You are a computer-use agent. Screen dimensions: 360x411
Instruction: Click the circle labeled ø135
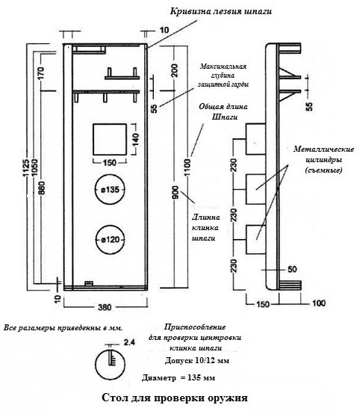(95, 189)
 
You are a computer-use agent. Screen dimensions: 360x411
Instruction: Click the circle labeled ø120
(96, 240)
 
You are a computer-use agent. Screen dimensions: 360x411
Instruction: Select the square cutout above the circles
(93, 140)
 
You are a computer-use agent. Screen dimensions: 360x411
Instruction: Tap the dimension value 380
(105, 307)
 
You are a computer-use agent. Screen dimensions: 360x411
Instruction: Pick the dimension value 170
(42, 73)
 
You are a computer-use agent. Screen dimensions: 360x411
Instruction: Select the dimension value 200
(175, 70)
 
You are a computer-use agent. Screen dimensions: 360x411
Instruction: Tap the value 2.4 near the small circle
(129, 342)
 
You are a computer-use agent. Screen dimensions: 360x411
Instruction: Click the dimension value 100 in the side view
(319, 303)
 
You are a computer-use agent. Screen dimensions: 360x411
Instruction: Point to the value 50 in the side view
(292, 270)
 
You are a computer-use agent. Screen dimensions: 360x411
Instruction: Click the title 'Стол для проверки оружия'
(175, 398)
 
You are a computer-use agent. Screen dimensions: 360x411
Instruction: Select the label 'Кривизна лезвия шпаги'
(221, 11)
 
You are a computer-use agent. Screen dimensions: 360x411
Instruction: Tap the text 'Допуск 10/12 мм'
(197, 361)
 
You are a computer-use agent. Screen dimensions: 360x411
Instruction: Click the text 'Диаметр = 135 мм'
(179, 378)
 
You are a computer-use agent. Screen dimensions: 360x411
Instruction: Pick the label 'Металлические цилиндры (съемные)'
(323, 160)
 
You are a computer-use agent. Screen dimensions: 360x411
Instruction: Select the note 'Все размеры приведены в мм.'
(63, 328)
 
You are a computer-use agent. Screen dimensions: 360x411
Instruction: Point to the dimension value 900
(176, 192)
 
